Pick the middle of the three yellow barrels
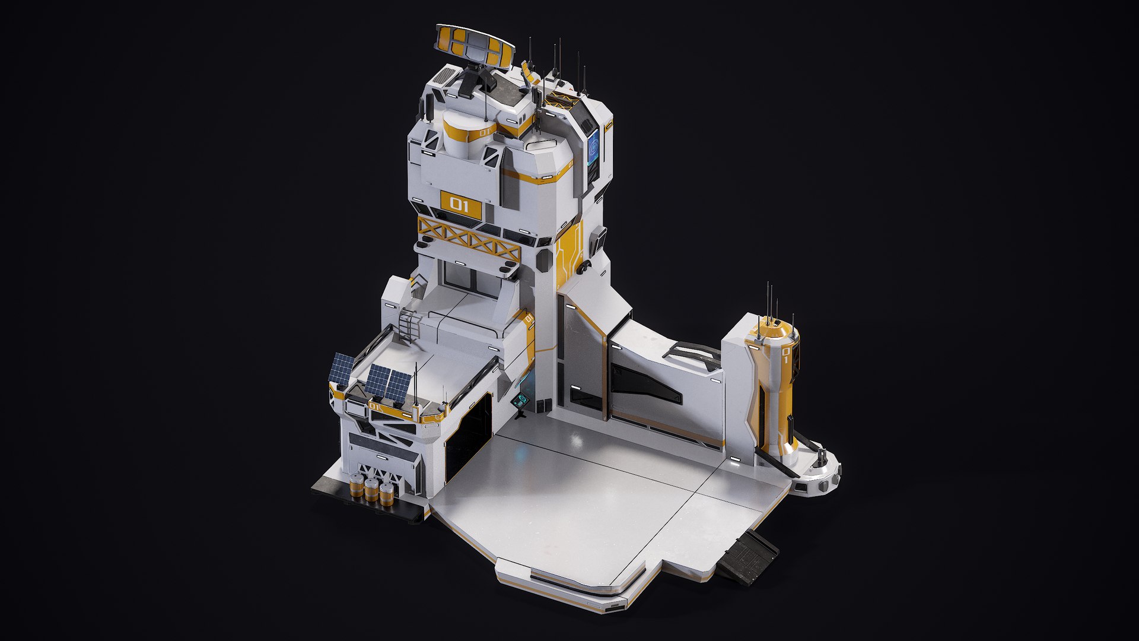(x=371, y=490)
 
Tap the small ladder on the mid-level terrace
(x=411, y=326)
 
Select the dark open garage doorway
(x=469, y=433)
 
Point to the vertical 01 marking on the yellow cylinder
(x=785, y=355)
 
